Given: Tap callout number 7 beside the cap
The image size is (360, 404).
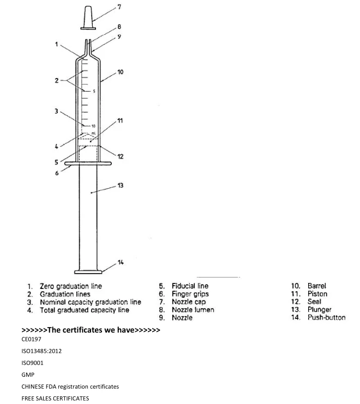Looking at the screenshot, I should pos(120,7).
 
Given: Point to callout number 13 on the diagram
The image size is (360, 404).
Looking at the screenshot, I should pos(120,185).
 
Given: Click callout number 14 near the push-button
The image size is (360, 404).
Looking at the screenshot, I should pos(120,263).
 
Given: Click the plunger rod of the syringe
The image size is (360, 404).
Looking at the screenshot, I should pos(88,218).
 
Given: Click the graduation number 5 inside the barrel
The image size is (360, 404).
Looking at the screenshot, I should pos(94,91).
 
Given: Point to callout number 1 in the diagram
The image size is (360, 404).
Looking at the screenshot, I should pos(56,44).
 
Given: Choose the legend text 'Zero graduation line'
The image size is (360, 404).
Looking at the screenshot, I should pos(70,286).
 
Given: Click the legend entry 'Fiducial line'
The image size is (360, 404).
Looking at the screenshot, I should pos(190,286).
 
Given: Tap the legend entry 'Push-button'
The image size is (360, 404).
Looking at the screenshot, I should pos(326,317).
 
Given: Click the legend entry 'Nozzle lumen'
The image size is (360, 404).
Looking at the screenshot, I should pos(193,310).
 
